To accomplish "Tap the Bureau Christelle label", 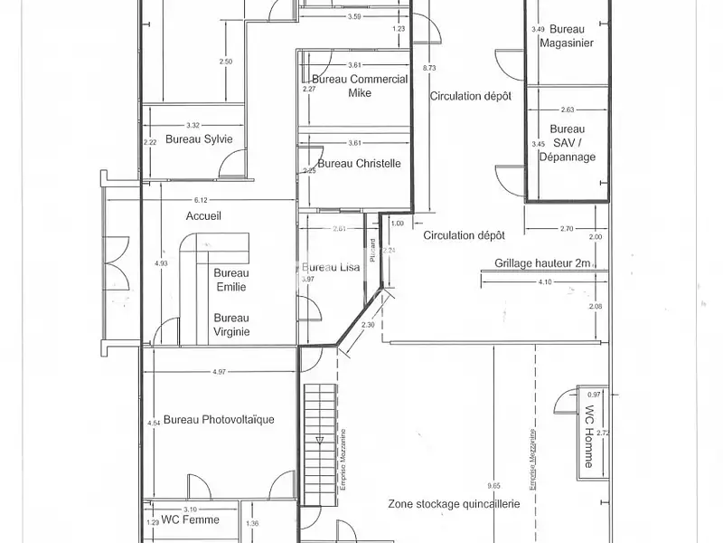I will pyautogui.click(x=360, y=164).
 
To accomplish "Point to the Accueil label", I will pyautogui.click(x=203, y=216).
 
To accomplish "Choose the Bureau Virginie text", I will pyautogui.click(x=231, y=324).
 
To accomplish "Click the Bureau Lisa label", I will pyautogui.click(x=331, y=268).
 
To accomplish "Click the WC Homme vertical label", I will pyautogui.click(x=589, y=440).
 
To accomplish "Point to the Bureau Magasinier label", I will pyautogui.click(x=566, y=36).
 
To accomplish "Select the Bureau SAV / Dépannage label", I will pyautogui.click(x=568, y=143).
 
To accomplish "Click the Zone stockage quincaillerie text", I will pyautogui.click(x=454, y=504).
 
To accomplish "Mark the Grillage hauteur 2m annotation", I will pyautogui.click(x=542, y=264).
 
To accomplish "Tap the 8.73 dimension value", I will pyautogui.click(x=429, y=67).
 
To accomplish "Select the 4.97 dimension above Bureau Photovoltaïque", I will pyautogui.click(x=219, y=372).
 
